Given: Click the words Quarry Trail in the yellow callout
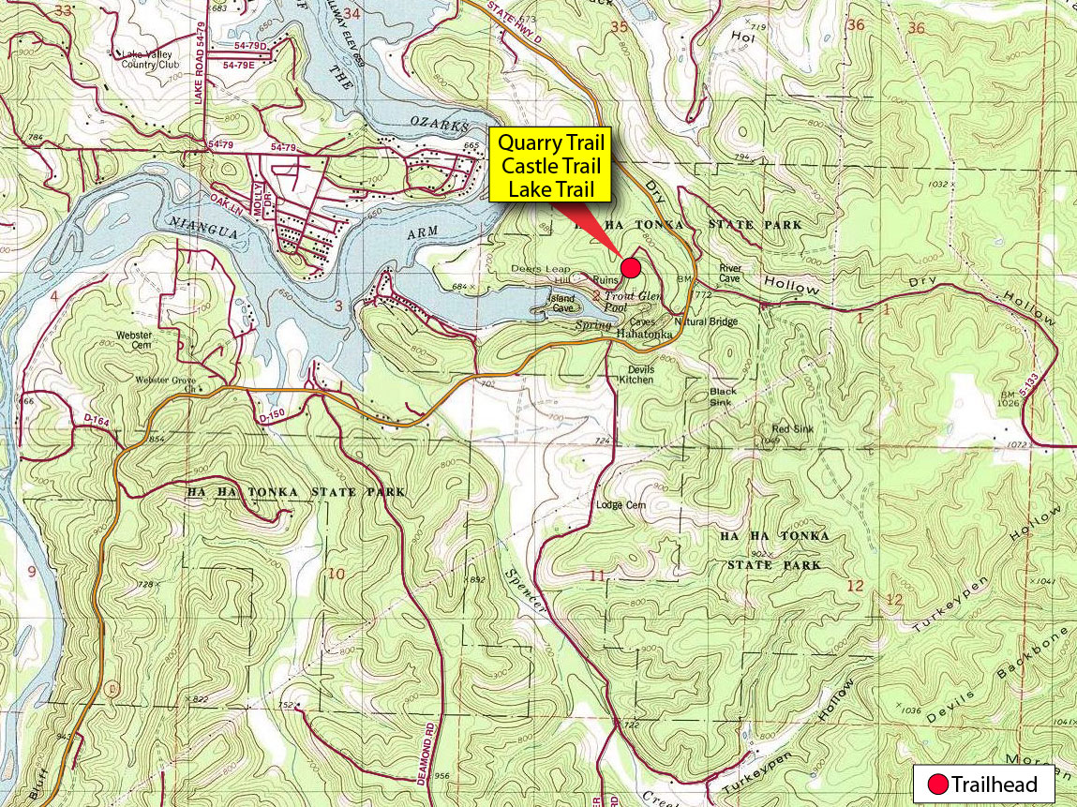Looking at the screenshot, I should [550, 144].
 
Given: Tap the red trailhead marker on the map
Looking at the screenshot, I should [631, 268].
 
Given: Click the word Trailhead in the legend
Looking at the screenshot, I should [995, 785].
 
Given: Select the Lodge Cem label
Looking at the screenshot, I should [621, 505].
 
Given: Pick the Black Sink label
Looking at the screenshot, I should [723, 396].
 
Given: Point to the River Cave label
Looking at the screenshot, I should [730, 274].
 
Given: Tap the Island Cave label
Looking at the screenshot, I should [561, 303].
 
